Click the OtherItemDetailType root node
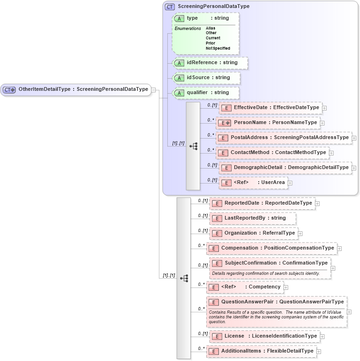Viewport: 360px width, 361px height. point(76,89)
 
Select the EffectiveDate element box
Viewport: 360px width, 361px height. point(270,108)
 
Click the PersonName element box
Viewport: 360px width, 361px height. point(269,123)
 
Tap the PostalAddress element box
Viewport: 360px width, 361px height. point(284,138)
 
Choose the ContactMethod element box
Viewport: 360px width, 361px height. point(272,153)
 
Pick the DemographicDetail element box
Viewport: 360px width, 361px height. point(285,168)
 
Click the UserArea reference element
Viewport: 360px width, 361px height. point(253,183)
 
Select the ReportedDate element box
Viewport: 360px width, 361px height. point(262,203)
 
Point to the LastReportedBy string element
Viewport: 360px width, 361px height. point(253,218)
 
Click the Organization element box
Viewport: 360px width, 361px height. point(254,233)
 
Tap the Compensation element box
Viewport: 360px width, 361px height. point(271,248)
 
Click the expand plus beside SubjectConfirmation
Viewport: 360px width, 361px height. point(333,268)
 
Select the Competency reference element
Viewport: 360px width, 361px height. point(245,287)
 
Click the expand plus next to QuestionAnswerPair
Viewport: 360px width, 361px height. point(349,312)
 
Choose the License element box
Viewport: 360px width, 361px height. point(264,336)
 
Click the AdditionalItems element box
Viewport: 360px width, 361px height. point(261,351)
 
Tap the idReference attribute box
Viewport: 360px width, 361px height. point(210,63)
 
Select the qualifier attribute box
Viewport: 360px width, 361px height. point(205,93)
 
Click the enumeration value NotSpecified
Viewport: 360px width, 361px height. point(217,48)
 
